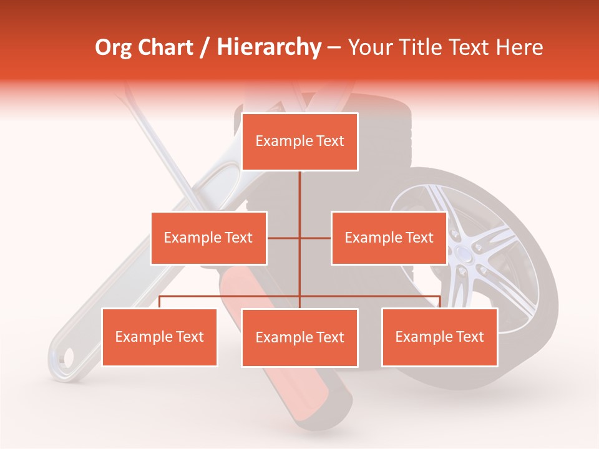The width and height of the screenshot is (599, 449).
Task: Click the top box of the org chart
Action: pyautogui.click(x=299, y=142)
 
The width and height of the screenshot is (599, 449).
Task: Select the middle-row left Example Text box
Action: pyautogui.click(x=208, y=238)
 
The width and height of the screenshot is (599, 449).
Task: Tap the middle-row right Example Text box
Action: pyautogui.click(x=389, y=238)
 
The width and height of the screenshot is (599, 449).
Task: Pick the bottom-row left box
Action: pyautogui.click(x=160, y=337)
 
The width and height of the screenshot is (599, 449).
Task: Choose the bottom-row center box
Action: pyautogui.click(x=299, y=338)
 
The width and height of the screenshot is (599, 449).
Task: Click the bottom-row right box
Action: pyautogui.click(x=440, y=337)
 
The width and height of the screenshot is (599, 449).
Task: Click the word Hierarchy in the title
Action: pyautogui.click(x=269, y=47)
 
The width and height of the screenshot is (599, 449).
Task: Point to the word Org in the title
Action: pyautogui.click(x=114, y=47)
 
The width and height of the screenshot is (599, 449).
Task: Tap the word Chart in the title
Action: pyautogui.click(x=165, y=47)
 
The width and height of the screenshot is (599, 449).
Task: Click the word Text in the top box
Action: pyautogui.click(x=329, y=141)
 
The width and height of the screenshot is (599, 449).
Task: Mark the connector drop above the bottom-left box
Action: pyautogui.click(x=160, y=302)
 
